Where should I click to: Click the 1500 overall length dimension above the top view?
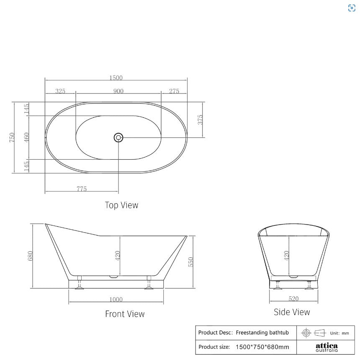(116, 78)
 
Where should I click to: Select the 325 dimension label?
(60, 91)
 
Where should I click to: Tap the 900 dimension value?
(118, 91)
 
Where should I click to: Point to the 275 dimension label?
(174, 91)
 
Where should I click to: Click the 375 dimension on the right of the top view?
(201, 119)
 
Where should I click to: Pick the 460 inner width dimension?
(26, 137)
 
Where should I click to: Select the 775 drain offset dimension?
(82, 189)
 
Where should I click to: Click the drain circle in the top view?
(118, 137)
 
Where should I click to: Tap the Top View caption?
(121, 205)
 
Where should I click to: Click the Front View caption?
(125, 313)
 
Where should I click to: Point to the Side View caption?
(292, 312)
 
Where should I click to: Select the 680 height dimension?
(30, 256)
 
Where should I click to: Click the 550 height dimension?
(191, 262)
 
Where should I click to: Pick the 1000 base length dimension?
(116, 299)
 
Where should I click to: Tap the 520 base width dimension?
(293, 298)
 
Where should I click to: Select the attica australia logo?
(327, 347)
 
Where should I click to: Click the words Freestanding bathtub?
(262, 332)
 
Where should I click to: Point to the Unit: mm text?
(339, 333)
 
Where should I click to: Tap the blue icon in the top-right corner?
(352, 8)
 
